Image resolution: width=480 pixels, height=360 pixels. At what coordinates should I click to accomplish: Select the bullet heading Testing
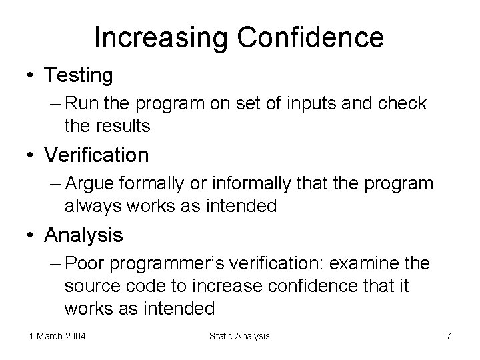[79, 75]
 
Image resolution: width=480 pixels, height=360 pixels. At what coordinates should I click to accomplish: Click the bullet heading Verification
[97, 155]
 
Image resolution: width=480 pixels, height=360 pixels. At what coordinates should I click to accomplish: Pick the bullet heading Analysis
[84, 235]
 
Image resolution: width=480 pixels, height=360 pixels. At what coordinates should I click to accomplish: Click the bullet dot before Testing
[32, 76]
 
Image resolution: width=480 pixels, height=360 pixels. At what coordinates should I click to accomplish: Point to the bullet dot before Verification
[32, 156]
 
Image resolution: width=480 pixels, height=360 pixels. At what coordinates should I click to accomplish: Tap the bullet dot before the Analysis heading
[32, 235]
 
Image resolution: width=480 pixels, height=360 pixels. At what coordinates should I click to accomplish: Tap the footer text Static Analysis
[239, 336]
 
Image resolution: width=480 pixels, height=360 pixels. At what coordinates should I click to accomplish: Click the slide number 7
[449, 336]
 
